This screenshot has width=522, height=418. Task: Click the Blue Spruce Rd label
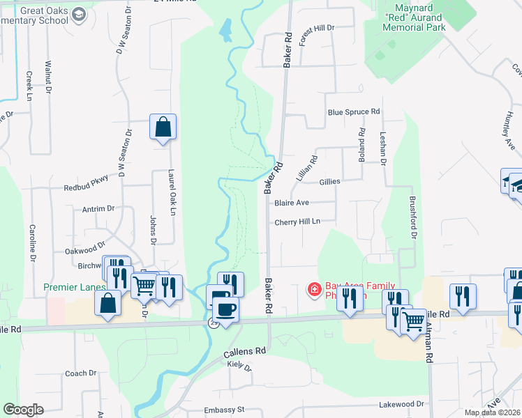click(354, 111)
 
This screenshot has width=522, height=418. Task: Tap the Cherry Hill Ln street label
click(297, 222)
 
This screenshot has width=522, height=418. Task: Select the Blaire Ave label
click(292, 203)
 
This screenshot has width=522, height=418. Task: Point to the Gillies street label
click(329, 181)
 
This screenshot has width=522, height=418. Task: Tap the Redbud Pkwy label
click(87, 178)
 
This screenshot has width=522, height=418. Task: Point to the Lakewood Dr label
click(401, 404)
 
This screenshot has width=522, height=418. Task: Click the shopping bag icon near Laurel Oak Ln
click(163, 127)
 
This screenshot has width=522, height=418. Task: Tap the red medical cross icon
click(314, 288)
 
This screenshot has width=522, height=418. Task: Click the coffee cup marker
click(225, 309)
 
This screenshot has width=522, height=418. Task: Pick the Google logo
click(23, 410)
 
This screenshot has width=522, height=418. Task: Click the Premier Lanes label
click(75, 287)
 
